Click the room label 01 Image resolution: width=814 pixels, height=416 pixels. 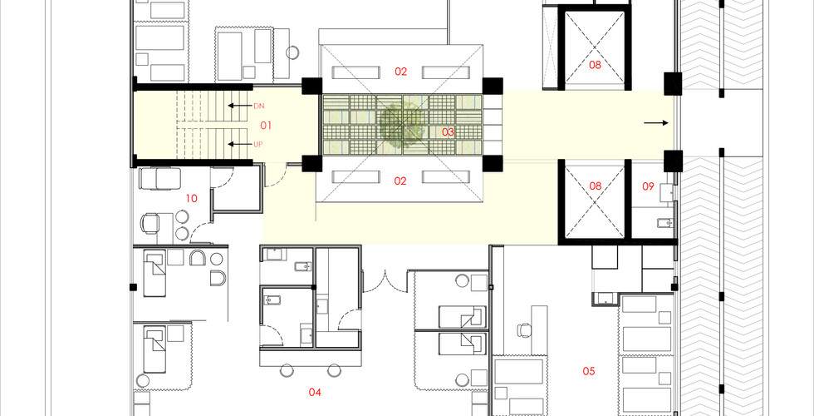point(266,126)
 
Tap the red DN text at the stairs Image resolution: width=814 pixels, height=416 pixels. point(258,106)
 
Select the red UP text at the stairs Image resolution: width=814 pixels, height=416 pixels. point(258,145)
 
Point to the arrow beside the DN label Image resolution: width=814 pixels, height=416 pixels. point(238,106)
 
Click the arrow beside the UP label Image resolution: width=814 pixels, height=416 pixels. point(238,144)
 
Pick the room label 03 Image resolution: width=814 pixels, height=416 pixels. point(448,132)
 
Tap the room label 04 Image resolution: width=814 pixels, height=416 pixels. point(315,393)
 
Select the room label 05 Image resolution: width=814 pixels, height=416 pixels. point(588,371)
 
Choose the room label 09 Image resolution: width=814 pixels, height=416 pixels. point(648,186)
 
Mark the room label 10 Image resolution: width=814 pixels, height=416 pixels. point(192,198)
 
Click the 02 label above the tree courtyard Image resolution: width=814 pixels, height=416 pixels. point(400,72)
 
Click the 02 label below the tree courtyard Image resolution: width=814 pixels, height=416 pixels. point(400,181)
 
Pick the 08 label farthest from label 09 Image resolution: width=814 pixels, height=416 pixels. point(595,65)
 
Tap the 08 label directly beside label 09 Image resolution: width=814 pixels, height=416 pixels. point(595,186)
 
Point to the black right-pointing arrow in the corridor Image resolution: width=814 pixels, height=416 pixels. point(656,123)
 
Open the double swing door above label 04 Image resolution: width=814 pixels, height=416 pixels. point(385,281)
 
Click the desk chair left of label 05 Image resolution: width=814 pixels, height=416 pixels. point(525,329)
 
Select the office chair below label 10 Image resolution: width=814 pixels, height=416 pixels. point(150,223)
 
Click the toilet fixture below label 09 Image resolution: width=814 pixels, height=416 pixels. point(664,224)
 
